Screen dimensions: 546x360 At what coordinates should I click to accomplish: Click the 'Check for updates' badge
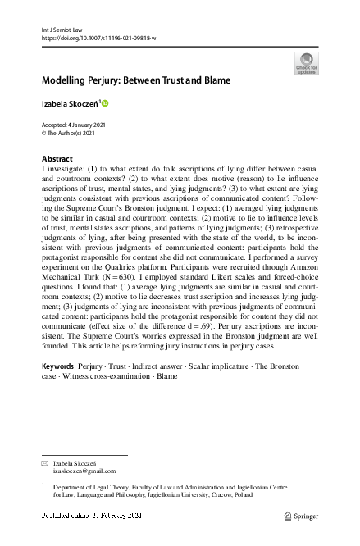click(x=307, y=62)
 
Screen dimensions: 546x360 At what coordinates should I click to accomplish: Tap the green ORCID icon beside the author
click(x=105, y=102)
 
